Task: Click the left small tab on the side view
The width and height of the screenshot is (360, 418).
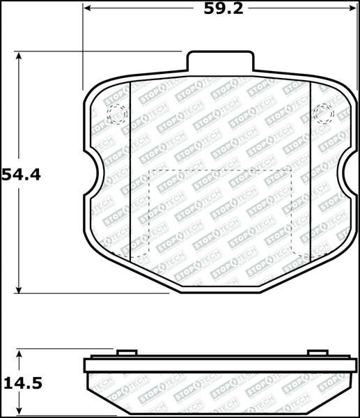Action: (125, 355)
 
